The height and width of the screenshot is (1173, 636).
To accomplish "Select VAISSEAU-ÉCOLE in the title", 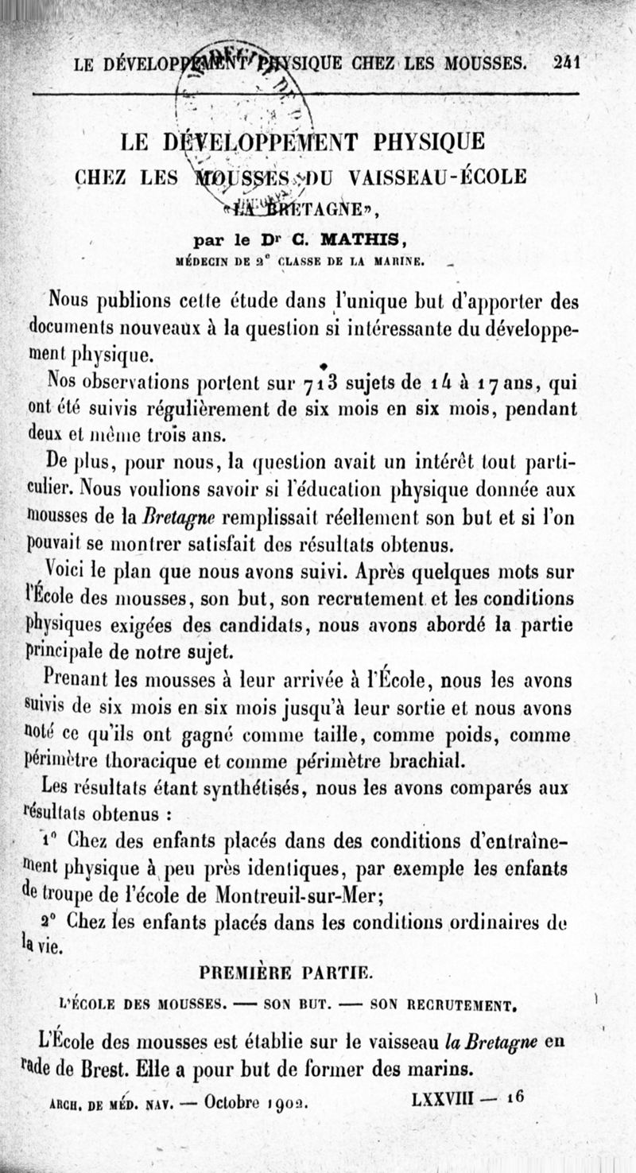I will tap(436, 176).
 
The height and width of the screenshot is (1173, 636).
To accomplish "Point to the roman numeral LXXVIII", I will tap(443, 1098).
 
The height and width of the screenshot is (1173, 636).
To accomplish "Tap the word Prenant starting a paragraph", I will tap(79, 680).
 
